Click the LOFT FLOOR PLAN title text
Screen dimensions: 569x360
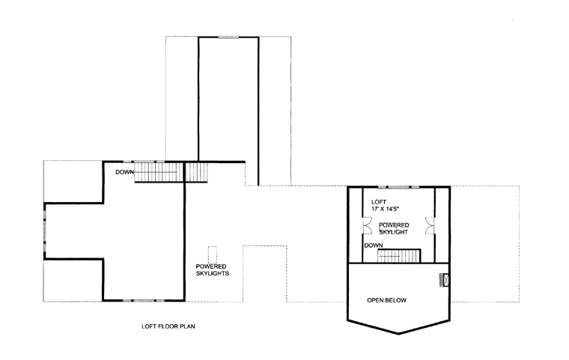click(x=168, y=326)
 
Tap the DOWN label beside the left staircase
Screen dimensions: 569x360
click(x=124, y=172)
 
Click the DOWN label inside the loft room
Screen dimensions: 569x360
click(x=374, y=245)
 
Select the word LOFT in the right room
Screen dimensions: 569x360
click(x=379, y=202)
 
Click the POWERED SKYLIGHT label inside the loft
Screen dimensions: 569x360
click(x=394, y=228)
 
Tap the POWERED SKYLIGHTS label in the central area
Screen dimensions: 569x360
click(x=213, y=269)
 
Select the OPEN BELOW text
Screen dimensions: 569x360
click(x=386, y=300)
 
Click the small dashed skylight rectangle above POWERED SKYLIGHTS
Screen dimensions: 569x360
click(x=213, y=254)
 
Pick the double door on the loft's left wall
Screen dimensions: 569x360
click(x=368, y=225)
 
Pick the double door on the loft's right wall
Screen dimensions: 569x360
click(x=430, y=225)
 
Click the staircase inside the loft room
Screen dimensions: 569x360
click(x=399, y=256)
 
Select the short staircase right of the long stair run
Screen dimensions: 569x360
click(x=196, y=172)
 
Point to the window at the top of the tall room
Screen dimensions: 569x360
click(x=228, y=37)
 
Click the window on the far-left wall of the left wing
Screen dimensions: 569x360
click(x=45, y=231)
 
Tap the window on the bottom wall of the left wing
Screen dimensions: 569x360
click(x=144, y=300)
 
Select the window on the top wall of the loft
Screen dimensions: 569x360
click(x=399, y=187)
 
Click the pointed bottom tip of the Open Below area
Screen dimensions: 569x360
click(x=398, y=333)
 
